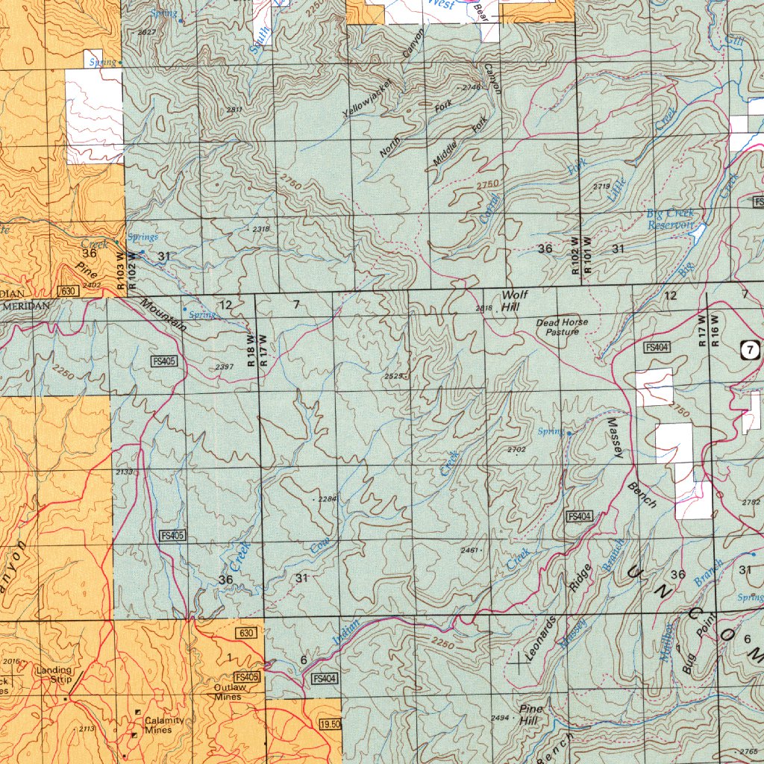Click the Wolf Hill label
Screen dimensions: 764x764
[x=514, y=301]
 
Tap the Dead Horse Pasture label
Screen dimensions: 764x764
[x=562, y=327]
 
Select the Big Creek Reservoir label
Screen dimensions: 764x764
[x=670, y=219]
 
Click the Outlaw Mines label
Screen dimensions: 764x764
[x=228, y=692]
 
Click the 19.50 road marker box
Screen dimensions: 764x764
[x=329, y=724]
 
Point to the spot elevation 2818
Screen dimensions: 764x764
[x=483, y=308]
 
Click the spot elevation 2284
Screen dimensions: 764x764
[x=327, y=498]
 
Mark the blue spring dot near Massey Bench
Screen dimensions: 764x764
[x=569, y=433]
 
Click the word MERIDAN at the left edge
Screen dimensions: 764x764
[x=26, y=306]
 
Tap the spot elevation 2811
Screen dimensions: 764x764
[x=234, y=110]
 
